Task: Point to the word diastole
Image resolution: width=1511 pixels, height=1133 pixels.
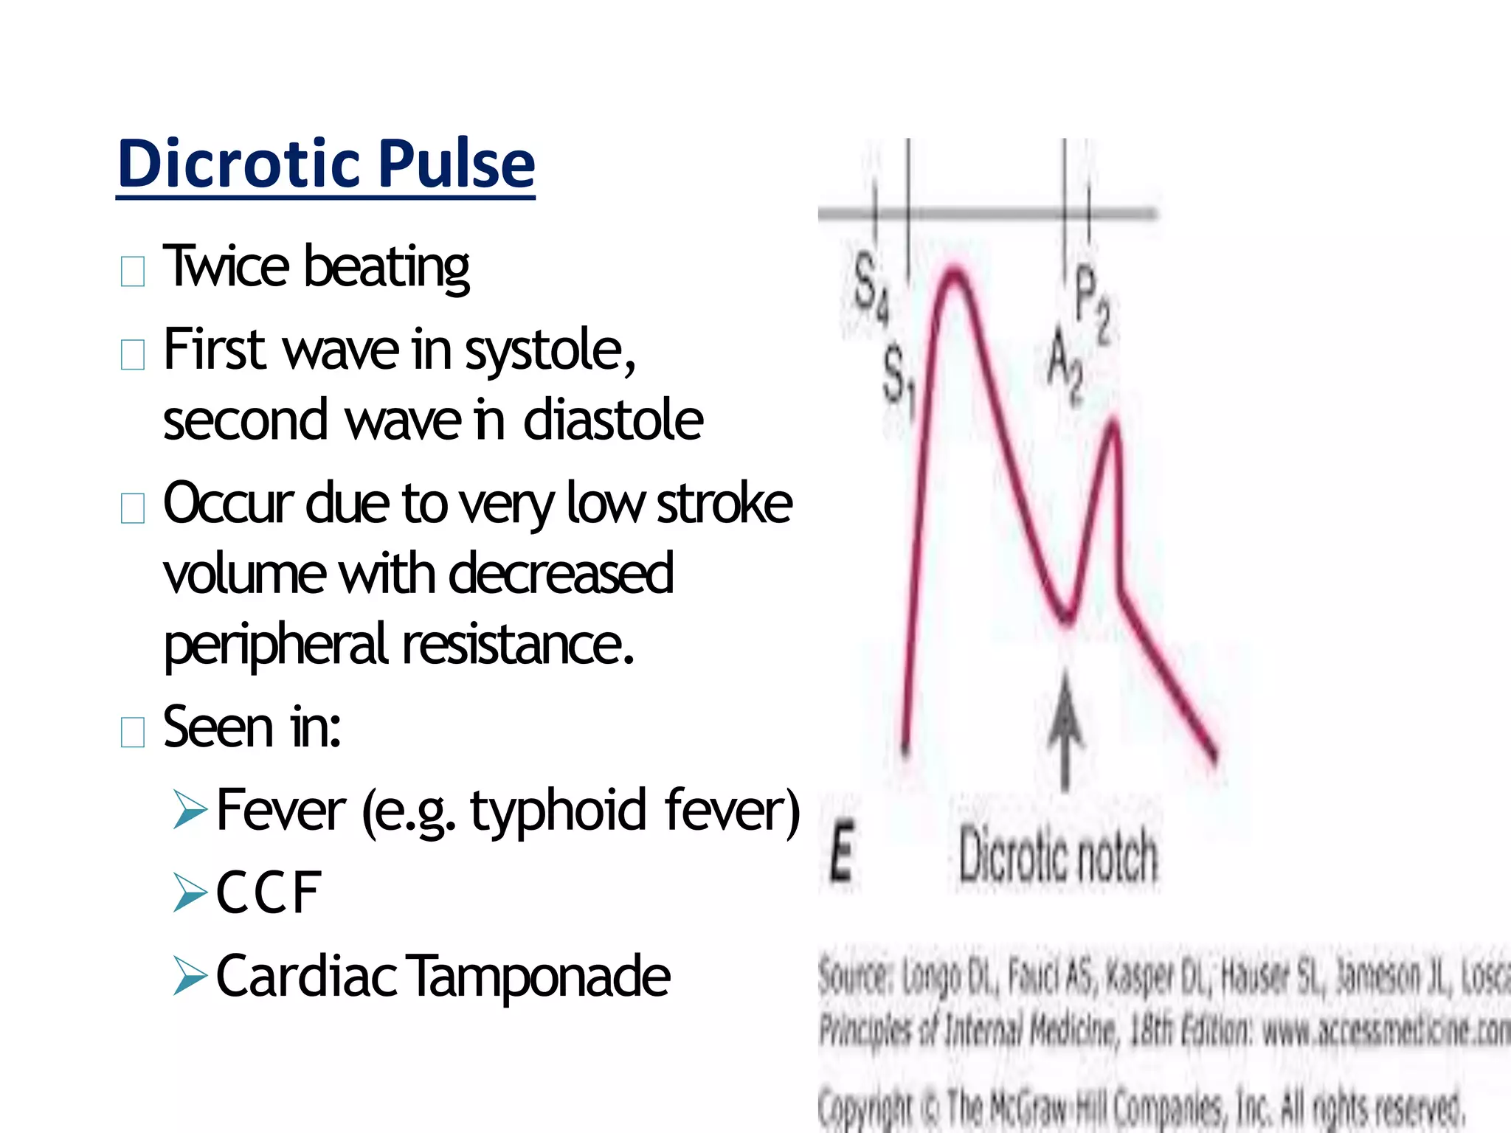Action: pos(613,420)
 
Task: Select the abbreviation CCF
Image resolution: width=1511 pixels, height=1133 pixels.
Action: pos(269,893)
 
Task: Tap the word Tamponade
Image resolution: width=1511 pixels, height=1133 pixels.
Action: pos(539,976)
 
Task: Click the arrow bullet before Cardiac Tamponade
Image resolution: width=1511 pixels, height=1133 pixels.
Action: pos(190,976)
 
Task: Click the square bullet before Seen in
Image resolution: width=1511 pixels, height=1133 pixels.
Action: pos(133,732)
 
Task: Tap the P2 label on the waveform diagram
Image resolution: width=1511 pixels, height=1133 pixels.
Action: pos(1093,302)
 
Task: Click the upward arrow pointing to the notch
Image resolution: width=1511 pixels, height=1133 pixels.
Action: pos(1065,730)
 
